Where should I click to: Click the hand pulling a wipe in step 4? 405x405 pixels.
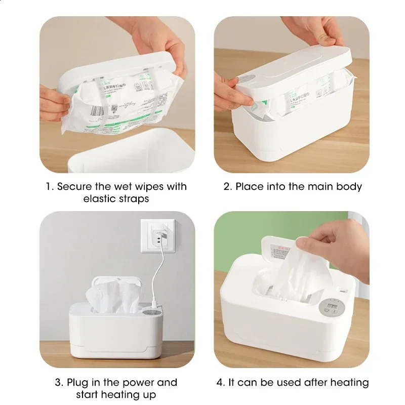pyautogui.click(x=337, y=243)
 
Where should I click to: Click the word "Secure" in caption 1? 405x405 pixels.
pyautogui.click(x=74, y=186)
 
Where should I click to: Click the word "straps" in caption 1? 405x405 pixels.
pyautogui.click(x=133, y=198)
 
